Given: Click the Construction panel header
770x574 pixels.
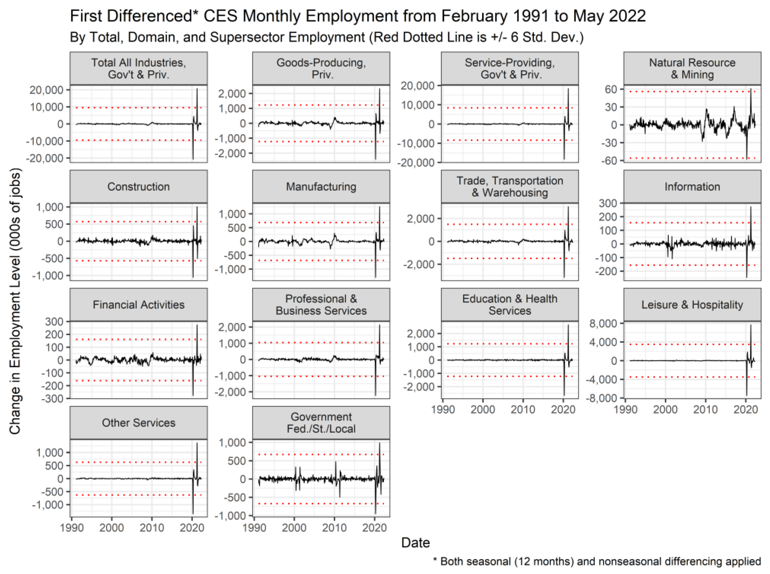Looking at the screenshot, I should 138,187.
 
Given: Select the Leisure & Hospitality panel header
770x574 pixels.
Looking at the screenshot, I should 692,305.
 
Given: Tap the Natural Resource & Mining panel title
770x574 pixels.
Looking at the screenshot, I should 692,68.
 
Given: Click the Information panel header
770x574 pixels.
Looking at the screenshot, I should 692,187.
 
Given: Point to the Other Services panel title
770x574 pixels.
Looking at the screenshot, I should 138,423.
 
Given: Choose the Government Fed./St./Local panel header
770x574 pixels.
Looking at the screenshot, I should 321,423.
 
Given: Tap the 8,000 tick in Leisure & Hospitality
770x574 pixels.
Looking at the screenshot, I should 603,324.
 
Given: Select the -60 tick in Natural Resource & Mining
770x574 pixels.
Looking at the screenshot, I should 609,161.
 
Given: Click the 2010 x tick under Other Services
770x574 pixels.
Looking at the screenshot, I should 151,528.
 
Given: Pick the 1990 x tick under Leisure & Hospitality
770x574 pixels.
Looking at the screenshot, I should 626,410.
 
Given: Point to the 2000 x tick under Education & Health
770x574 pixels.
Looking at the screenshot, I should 483,410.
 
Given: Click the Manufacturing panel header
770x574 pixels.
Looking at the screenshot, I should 321,187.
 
